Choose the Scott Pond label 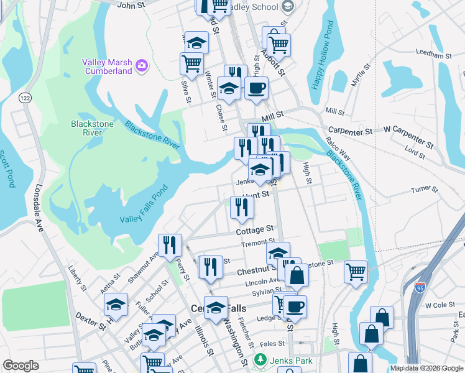(7, 168)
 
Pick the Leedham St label (433, 55)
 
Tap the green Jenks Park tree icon (261, 359)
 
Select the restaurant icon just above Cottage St (242, 207)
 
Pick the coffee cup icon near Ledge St (295, 306)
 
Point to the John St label (131, 5)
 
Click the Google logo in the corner (21, 366)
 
